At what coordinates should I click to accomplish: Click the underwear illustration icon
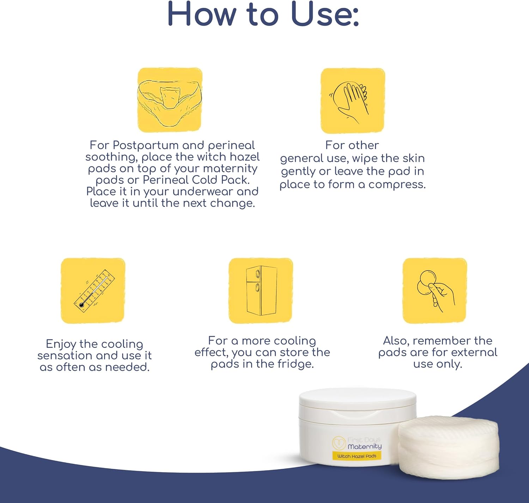point(170,100)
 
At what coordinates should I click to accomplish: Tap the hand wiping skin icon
point(352,101)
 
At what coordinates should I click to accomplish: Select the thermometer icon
point(93,291)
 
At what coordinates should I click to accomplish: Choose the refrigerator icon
point(261,291)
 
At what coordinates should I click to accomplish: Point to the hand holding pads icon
point(434,291)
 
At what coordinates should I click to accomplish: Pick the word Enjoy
point(61,345)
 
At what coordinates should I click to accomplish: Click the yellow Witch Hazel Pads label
point(357,456)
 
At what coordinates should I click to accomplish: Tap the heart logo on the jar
point(339,443)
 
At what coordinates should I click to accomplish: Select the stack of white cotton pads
point(449,448)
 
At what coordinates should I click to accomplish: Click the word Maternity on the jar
point(365,447)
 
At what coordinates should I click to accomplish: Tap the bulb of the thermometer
point(82,305)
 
